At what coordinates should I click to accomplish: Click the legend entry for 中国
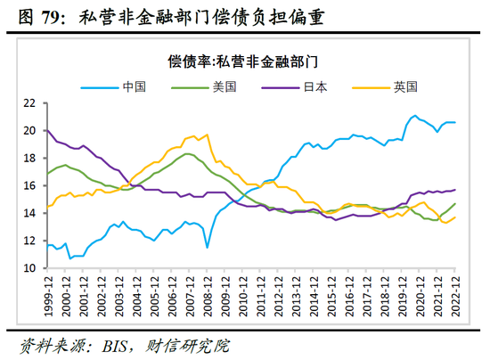135,86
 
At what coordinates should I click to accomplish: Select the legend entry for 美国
224,86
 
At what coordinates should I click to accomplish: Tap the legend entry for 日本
314,86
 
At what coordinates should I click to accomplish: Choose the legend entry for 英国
404,86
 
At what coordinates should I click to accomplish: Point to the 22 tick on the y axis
29,103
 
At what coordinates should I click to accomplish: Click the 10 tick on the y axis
29,268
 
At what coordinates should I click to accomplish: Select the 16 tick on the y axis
29,185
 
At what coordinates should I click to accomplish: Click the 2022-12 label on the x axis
454,293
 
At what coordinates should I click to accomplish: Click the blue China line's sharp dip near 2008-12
207,247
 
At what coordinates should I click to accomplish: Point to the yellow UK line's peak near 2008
207,135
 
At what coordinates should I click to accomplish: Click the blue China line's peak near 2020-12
414,116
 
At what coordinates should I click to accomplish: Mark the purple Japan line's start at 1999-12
46,130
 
